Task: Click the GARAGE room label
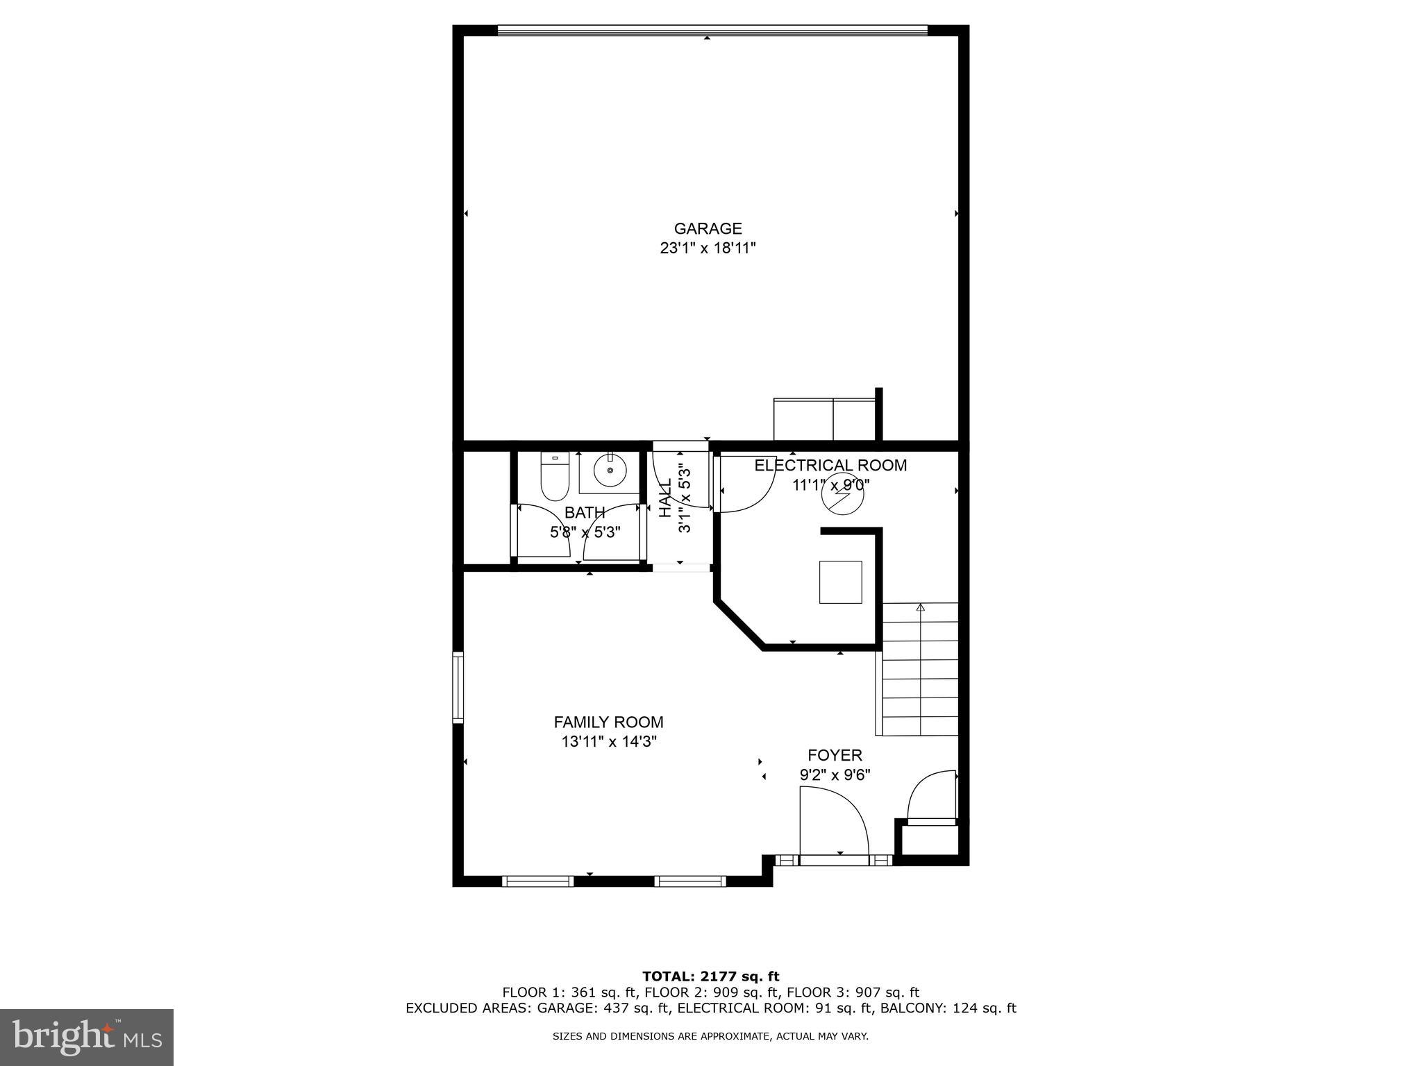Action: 708,228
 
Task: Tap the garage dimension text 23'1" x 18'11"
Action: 708,248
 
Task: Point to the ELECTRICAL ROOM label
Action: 830,465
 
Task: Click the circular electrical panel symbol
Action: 841,493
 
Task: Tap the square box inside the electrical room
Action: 840,582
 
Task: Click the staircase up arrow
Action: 921,608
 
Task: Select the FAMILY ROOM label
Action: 608,722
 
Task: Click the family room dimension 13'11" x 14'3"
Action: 609,742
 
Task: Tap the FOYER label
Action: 835,755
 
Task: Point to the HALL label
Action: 665,498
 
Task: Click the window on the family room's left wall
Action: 458,687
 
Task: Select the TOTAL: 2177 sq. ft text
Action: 710,976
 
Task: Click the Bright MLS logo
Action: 87,1037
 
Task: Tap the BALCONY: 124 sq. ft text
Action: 948,1008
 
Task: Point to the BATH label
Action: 584,513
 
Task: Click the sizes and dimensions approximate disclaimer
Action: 710,1036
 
